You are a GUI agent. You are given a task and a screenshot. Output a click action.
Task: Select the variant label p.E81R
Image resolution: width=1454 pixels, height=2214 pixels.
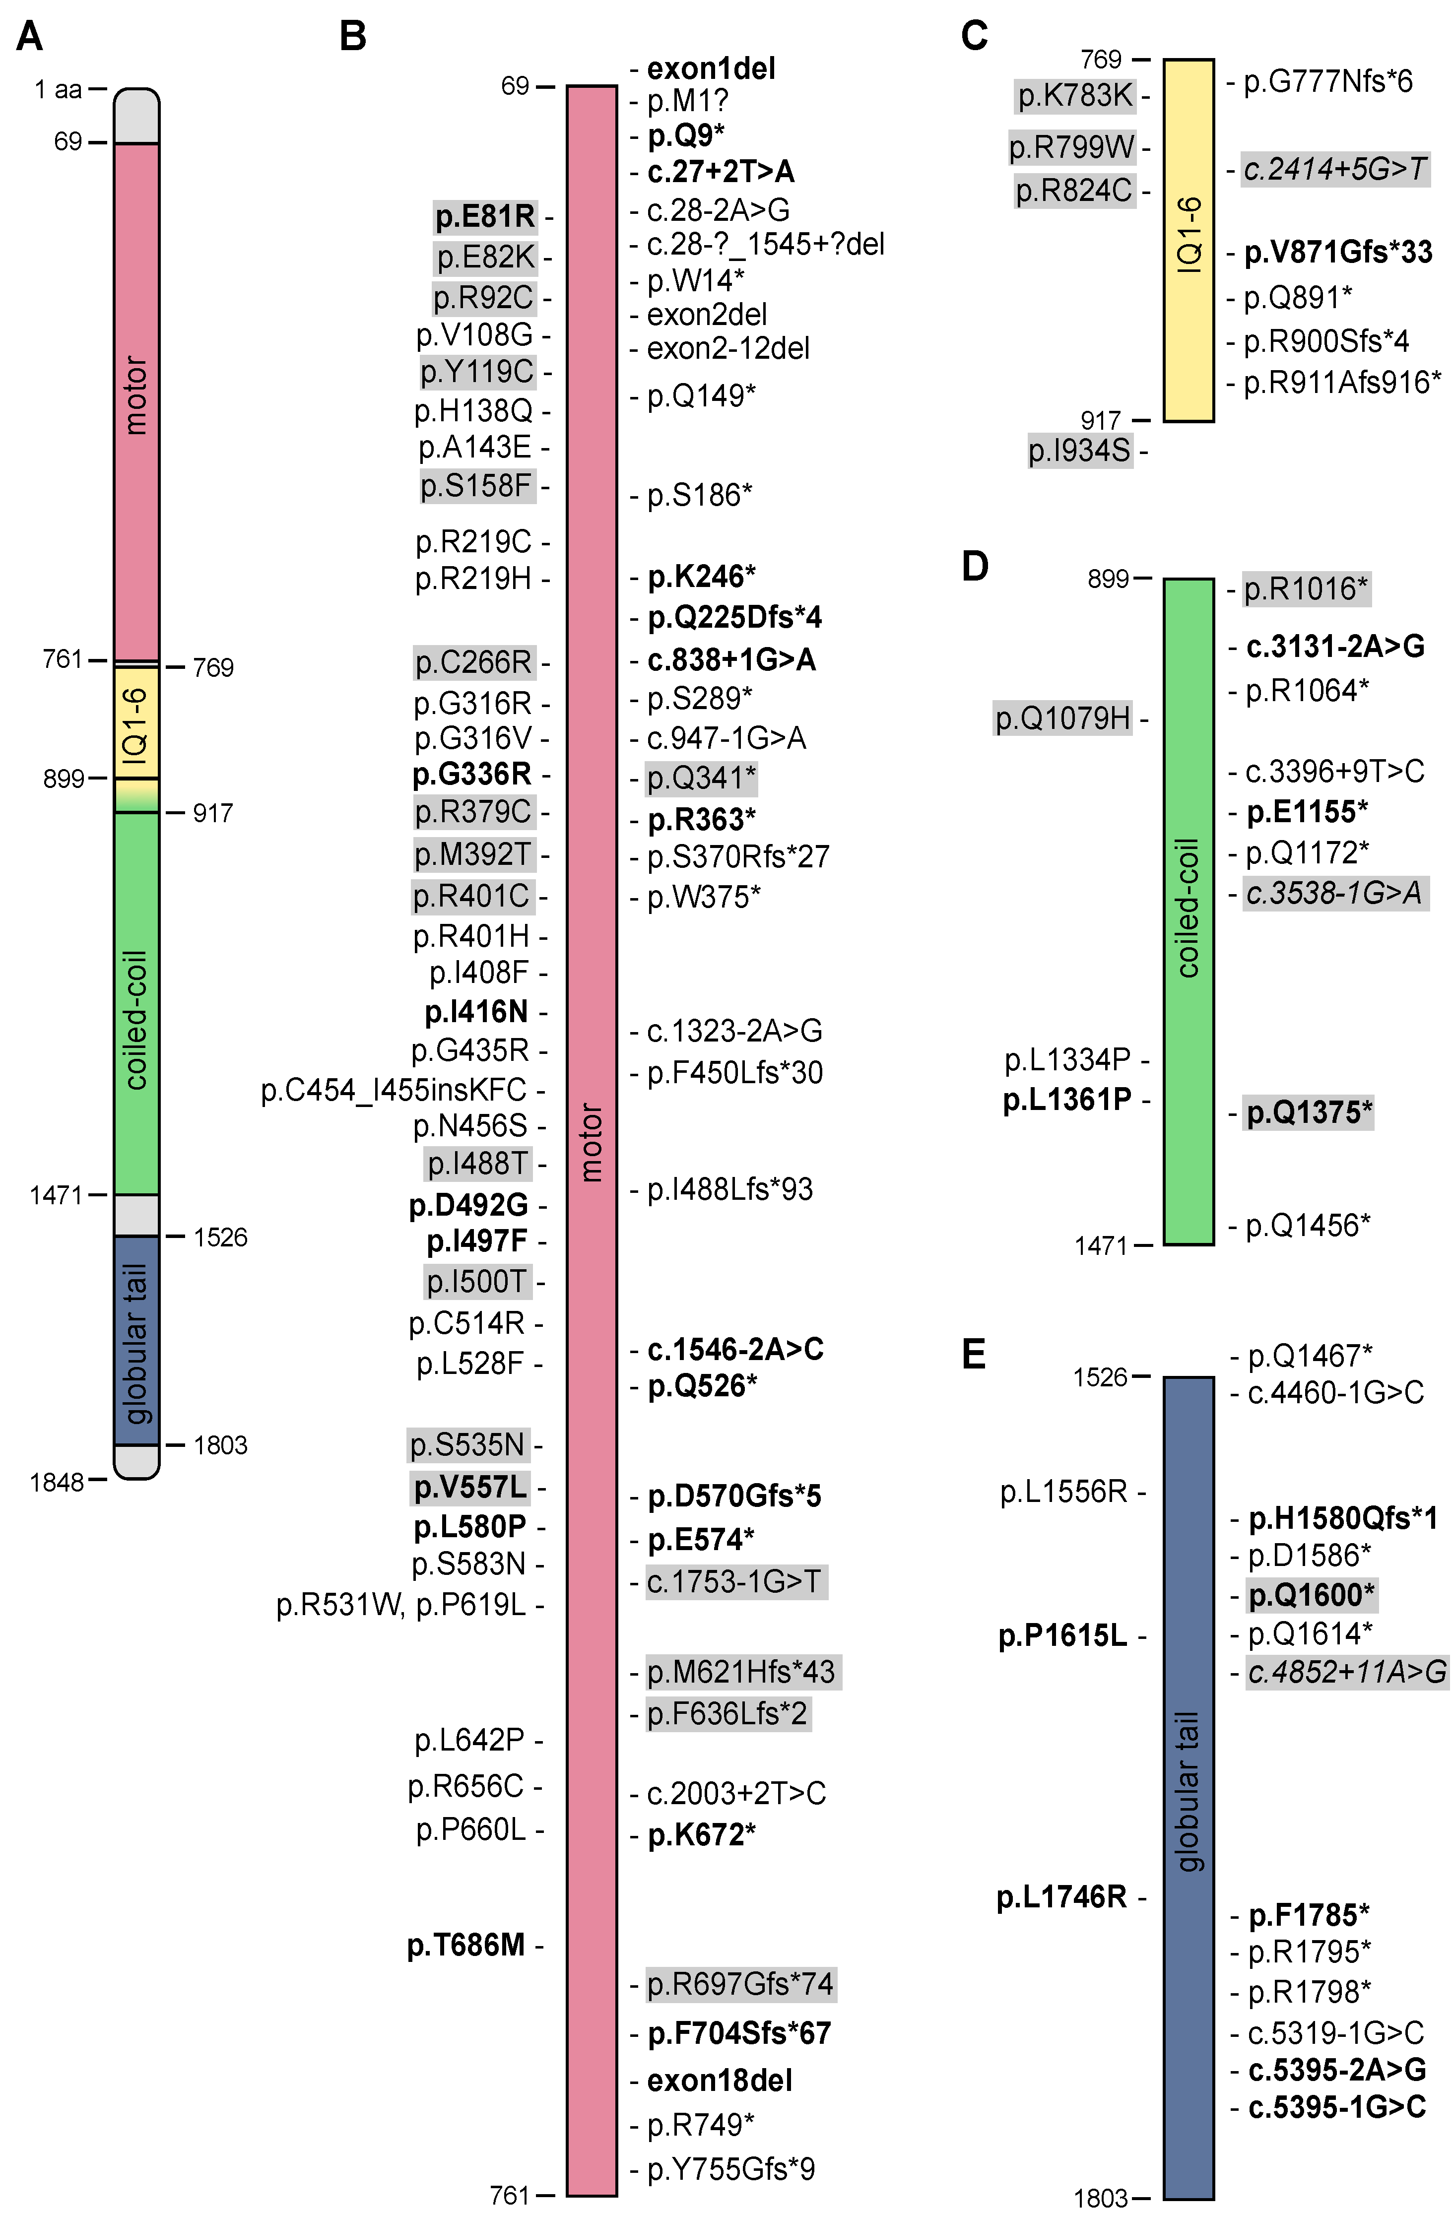pos(486,217)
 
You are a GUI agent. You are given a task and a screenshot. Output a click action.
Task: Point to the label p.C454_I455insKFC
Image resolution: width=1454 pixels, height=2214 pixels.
pos(394,1089)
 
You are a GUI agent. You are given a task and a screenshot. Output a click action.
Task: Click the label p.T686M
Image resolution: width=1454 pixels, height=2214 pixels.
pos(467,1944)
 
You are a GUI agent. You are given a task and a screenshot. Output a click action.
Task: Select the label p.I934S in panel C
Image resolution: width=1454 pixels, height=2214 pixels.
pos(1079,451)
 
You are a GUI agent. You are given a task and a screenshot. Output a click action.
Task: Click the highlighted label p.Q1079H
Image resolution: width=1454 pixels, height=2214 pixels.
pos(1063,718)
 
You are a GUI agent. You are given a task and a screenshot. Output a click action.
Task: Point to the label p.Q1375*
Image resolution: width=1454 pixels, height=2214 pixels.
pos(1309,1112)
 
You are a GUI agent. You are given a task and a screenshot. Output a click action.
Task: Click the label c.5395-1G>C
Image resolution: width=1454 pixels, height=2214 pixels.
pos(1337,2106)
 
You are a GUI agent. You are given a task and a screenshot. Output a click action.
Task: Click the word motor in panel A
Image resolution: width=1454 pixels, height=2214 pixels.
pos(136,395)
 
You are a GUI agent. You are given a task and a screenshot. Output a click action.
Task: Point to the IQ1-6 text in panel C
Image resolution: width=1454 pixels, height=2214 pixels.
pos(1189,235)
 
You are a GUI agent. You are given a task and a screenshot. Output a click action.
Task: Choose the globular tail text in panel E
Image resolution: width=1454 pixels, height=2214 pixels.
pos(1189,1791)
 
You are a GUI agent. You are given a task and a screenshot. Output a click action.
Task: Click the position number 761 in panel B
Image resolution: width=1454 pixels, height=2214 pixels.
pos(510,2196)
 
